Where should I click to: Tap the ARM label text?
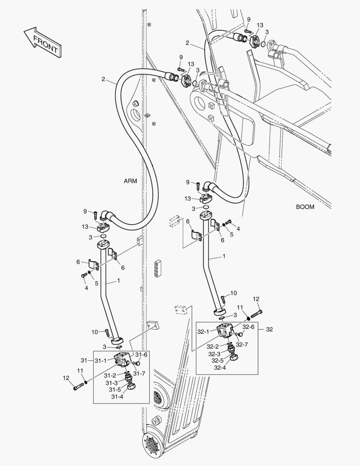tap(130, 181)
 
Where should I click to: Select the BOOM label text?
tap(305, 207)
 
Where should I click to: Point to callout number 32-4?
tap(221, 368)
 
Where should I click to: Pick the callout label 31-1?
tap(102, 360)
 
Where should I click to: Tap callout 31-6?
tap(141, 354)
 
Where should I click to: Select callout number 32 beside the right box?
tap(269, 329)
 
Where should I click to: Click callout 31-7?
tap(138, 373)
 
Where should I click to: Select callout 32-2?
tap(213, 346)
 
